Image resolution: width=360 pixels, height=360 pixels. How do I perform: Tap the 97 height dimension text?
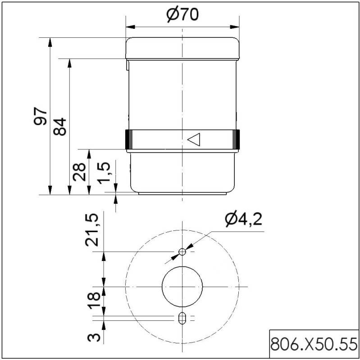coord(41,116)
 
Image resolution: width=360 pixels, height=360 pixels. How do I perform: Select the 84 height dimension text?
coord(61,126)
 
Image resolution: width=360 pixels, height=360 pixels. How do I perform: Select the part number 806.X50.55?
coord(314,345)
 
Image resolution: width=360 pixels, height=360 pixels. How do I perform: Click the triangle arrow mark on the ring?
coord(193,139)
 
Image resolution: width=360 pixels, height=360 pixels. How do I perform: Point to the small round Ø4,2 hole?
coord(182,252)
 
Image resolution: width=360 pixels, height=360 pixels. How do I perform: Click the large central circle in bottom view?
coord(182,286)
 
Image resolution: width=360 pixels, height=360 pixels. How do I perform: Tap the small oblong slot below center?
coord(182,318)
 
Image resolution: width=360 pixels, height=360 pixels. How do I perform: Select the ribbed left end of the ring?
coord(128,139)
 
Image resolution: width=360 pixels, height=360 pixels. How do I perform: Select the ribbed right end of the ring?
coord(237,139)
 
